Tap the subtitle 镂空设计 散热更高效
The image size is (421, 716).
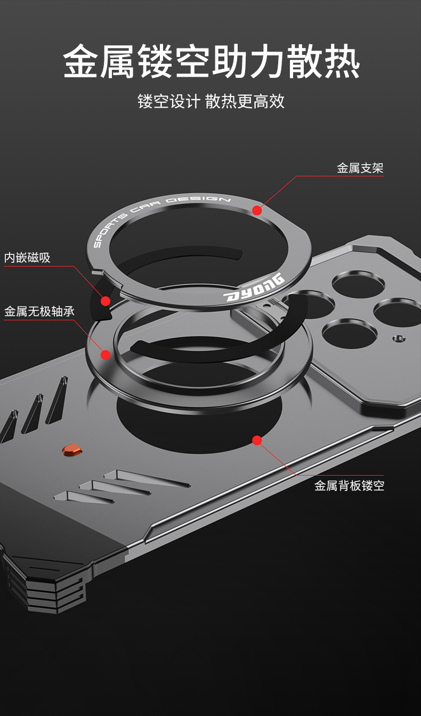click(211, 101)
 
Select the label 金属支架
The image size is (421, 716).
click(360, 168)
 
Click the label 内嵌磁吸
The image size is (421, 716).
click(27, 258)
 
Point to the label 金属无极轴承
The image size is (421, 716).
click(39, 311)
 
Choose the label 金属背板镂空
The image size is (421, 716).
click(349, 486)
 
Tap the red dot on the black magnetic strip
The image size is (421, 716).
click(106, 301)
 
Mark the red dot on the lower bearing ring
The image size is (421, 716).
click(106, 355)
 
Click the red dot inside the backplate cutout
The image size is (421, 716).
click(257, 440)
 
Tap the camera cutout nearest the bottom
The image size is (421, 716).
click(349, 334)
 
